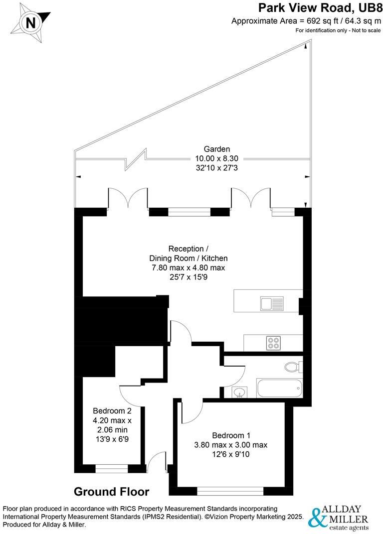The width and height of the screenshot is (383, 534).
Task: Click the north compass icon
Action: click(31, 22)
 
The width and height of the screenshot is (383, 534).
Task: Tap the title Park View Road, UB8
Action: click(319, 8)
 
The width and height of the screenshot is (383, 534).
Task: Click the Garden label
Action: click(217, 149)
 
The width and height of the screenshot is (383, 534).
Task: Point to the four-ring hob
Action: click(273, 343)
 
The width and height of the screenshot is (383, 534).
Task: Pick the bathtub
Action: click(279, 388)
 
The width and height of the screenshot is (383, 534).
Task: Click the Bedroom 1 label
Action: click(231, 434)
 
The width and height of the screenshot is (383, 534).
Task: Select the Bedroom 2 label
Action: click(112, 411)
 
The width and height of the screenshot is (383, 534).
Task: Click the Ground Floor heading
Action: click(111, 492)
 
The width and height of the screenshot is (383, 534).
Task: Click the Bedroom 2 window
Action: click(112, 468)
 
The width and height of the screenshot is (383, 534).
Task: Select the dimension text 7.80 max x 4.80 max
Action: click(189, 268)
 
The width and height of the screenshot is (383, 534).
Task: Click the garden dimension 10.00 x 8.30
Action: click(217, 158)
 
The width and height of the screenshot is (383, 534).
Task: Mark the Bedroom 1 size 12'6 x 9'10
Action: click(231, 454)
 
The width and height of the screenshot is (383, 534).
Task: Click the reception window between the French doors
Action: click(189, 212)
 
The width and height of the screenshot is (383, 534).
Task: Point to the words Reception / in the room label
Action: click(186, 249)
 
